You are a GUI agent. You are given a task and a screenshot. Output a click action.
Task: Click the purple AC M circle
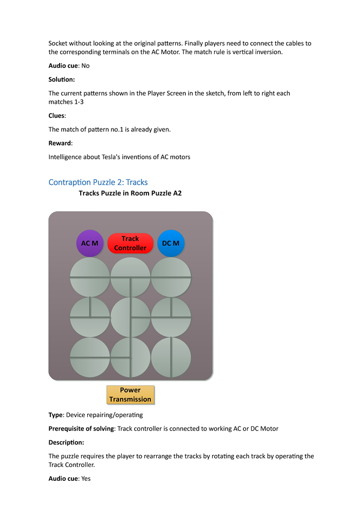(89, 243)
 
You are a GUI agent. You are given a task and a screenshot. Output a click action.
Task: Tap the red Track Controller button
(130, 243)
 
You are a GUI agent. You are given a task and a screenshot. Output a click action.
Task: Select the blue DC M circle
(170, 243)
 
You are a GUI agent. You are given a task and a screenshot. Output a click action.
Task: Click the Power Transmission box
(130, 395)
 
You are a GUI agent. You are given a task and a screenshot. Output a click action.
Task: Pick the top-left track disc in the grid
(90, 277)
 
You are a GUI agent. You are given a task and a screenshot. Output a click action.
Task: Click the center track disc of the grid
(130, 317)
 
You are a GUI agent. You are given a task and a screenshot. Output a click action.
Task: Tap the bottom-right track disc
(171, 357)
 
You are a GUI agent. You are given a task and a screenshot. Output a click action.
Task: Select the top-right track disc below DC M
(171, 277)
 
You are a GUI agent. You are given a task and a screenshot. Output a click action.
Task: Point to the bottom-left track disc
(90, 357)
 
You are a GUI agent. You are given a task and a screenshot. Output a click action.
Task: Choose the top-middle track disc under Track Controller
(130, 277)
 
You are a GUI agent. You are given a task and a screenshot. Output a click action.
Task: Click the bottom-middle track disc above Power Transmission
(130, 357)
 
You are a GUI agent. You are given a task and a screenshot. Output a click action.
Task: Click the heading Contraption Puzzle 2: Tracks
(98, 182)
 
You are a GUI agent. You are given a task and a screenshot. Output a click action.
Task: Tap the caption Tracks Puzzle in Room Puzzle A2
(130, 193)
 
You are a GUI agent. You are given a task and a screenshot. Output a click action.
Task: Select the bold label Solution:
(62, 79)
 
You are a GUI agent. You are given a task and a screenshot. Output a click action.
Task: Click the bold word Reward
(60, 143)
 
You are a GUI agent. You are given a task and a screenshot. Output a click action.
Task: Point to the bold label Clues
(57, 116)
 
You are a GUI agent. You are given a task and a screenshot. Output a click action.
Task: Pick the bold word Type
(55, 415)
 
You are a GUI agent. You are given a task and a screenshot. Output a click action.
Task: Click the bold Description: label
(66, 442)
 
